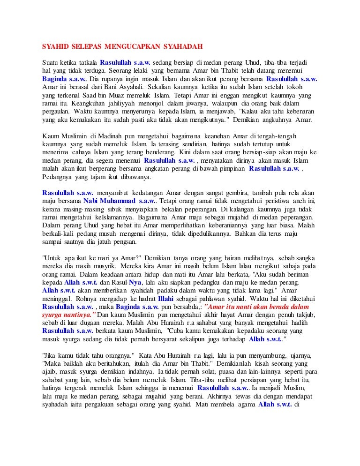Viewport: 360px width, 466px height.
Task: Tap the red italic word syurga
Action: point(53,314)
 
